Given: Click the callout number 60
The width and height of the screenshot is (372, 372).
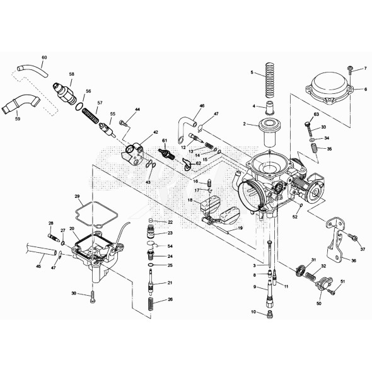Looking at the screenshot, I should coord(44,58).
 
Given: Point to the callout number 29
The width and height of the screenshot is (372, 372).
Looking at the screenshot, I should coord(78,197).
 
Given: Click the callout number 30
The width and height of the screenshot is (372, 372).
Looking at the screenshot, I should coord(74,294).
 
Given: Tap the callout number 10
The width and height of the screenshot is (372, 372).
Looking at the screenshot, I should coord(253,312).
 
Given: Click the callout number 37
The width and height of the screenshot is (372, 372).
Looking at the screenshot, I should coord(362,240).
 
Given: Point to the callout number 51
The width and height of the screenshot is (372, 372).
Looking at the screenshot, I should coord(343,281).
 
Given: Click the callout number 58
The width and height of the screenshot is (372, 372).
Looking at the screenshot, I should coord(71,74).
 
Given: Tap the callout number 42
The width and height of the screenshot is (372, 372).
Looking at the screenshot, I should coord(154,132).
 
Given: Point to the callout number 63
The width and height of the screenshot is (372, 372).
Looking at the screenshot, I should coord(317,115).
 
